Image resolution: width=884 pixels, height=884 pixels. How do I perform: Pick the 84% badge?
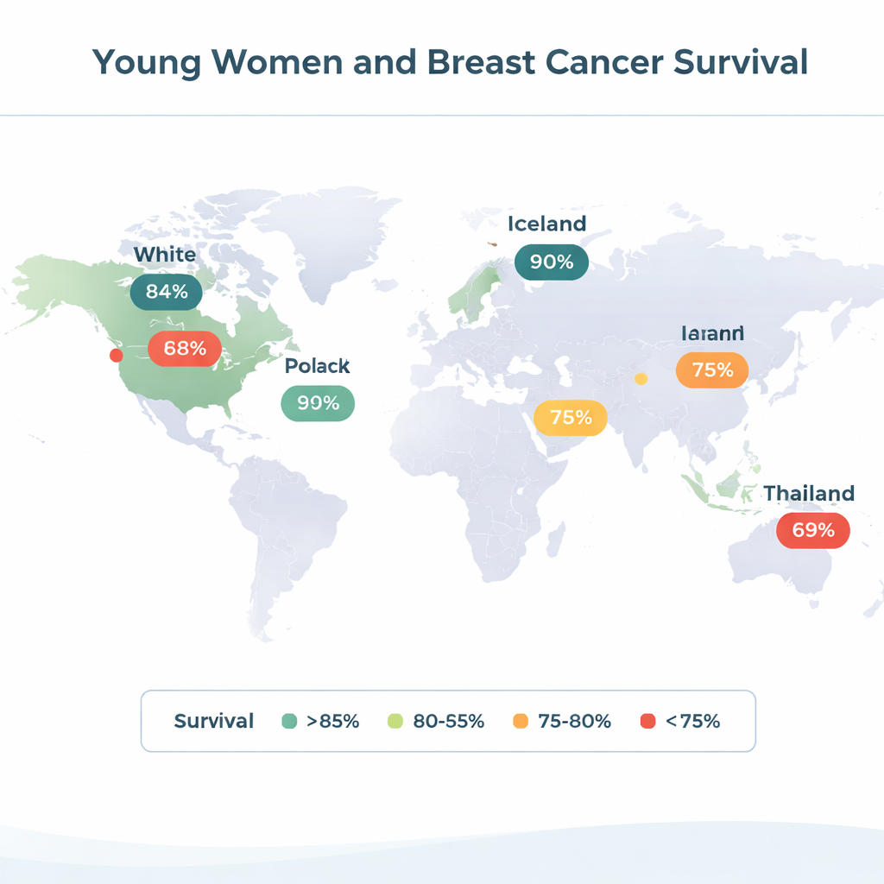point(167,292)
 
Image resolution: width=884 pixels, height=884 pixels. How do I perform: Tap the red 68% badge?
point(185,349)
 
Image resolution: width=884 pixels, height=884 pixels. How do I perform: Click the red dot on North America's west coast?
point(116,355)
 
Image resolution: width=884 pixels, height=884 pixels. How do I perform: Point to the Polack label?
point(318,366)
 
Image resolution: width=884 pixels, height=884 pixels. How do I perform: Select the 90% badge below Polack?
point(318,402)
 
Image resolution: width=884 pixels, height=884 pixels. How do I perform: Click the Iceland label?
point(546,224)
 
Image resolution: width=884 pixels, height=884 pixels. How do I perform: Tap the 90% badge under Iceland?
point(552,262)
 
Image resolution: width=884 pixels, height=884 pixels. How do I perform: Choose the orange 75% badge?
point(712,369)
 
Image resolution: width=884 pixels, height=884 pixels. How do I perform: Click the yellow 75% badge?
point(571,418)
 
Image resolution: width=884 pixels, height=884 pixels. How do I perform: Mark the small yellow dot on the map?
point(641,378)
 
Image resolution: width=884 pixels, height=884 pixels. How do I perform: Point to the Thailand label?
point(809,493)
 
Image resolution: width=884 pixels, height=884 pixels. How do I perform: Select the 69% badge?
point(813,530)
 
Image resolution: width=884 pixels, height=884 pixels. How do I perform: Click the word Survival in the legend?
point(214,721)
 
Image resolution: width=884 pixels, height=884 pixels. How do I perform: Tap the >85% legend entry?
point(321,721)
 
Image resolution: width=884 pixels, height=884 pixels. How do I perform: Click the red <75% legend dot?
point(647,721)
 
